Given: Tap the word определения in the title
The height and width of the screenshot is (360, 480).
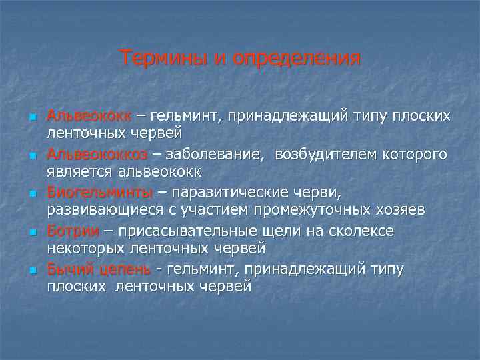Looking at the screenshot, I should click(297, 59).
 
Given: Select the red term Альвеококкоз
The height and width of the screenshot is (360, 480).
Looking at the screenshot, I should click(97, 155).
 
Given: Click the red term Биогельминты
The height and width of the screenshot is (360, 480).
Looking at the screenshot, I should click(99, 193).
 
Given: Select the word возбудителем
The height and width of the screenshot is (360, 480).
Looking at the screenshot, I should click(322, 155).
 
